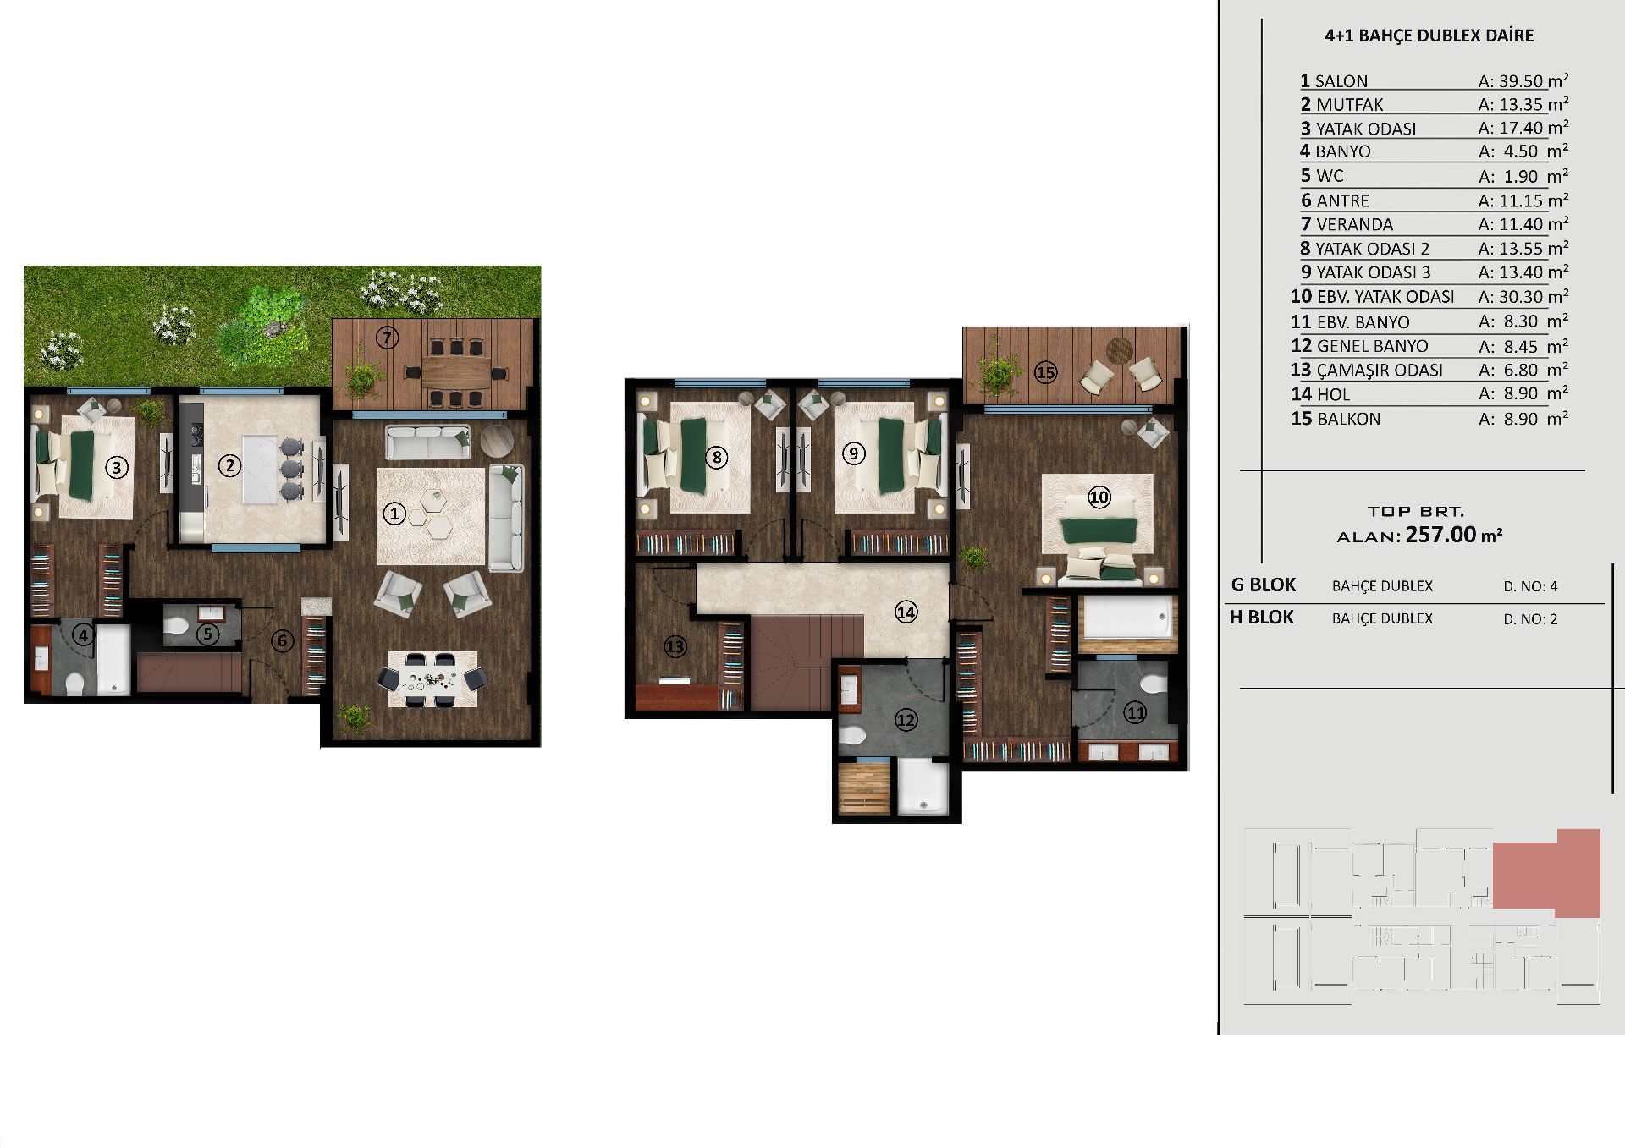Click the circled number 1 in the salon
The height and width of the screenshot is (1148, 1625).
[x=394, y=513]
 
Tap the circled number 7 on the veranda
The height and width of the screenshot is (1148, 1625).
[x=387, y=338]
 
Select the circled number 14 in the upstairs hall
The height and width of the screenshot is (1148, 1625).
[x=906, y=612]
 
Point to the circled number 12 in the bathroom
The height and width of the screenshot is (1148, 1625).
[x=906, y=720]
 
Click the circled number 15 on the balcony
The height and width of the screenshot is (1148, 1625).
[x=1045, y=371]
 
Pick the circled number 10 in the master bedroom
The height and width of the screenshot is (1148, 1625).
[x=1099, y=497]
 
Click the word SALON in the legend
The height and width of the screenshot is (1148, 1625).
[x=1341, y=81]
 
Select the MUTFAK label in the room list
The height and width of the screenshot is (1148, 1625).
[x=1350, y=105]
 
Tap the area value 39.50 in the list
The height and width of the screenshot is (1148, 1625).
[x=1522, y=81]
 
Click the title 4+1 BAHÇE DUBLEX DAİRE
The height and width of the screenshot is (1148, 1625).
[x=1429, y=36]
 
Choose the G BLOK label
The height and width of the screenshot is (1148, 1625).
[x=1264, y=585]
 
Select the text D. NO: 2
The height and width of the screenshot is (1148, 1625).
[x=1530, y=619]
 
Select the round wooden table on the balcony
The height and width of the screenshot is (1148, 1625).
[x=1119, y=349]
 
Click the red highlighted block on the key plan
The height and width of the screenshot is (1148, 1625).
[x=1547, y=873]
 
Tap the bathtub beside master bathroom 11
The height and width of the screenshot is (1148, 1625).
[x=1128, y=618]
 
